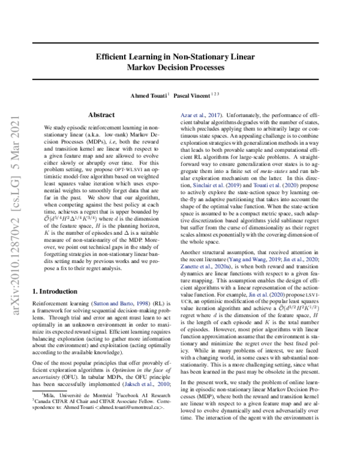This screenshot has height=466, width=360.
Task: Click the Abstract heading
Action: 101,114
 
